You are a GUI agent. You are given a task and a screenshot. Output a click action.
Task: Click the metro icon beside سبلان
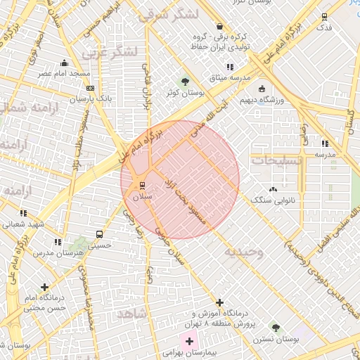(143, 186)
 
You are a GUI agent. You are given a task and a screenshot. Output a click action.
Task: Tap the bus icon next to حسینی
(98, 234)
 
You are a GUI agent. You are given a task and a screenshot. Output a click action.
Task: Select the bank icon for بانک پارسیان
(89, 88)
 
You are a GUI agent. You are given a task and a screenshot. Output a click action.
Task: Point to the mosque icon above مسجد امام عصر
(65, 63)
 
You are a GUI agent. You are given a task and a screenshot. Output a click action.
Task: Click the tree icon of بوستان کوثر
(185, 81)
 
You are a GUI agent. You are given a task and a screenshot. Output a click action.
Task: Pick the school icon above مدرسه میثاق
(230, 67)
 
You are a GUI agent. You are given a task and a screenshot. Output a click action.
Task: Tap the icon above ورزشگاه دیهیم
(262, 89)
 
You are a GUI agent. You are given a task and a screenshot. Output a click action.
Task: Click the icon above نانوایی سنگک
(274, 188)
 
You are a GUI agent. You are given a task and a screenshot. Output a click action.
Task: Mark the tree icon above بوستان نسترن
(276, 328)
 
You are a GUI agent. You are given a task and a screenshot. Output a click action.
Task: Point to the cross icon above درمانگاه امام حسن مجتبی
(46, 287)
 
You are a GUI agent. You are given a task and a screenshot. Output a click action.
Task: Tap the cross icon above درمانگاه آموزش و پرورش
(220, 302)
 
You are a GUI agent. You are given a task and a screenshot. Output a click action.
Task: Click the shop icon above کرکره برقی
(220, 25)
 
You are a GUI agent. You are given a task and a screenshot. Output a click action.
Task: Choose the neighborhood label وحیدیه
(243, 252)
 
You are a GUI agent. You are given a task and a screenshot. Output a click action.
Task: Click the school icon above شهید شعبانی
(23, 213)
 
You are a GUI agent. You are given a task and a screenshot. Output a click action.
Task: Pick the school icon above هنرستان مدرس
(58, 242)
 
